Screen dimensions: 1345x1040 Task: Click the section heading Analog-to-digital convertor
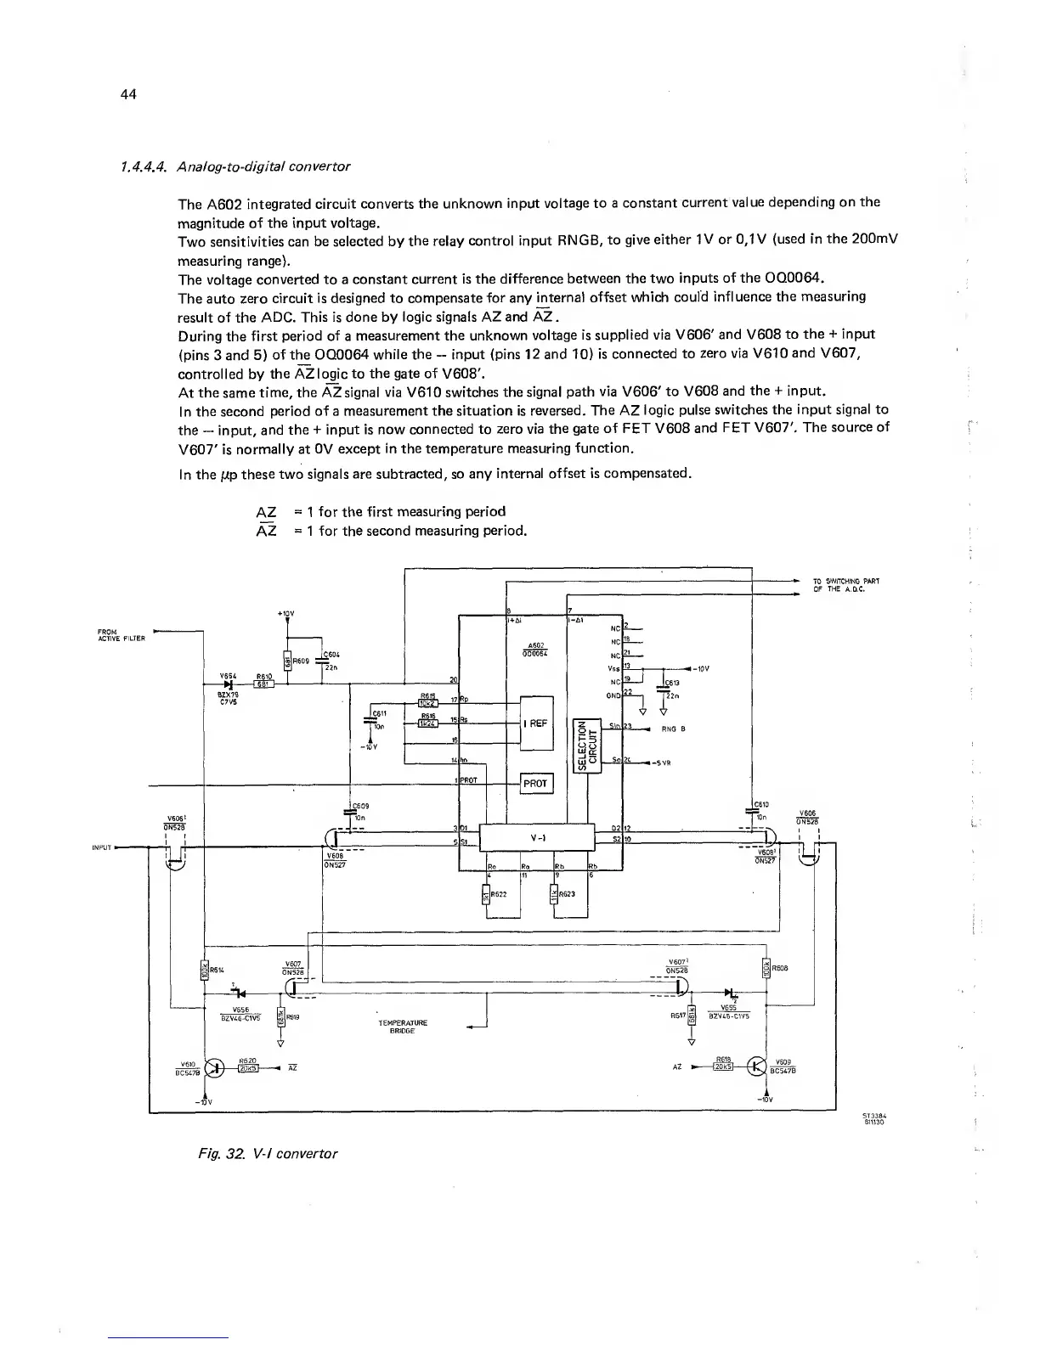click(263, 166)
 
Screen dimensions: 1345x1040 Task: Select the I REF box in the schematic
click(536, 723)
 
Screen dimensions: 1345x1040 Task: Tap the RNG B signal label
click(673, 729)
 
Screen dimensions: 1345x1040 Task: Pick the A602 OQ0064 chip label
click(535, 649)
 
